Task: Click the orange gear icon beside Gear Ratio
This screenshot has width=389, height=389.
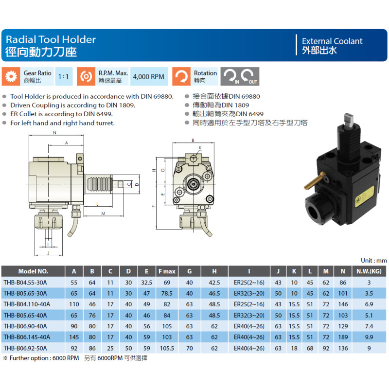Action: pyautogui.click(x=11, y=76)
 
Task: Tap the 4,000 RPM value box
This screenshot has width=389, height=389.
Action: pyautogui.click(x=149, y=76)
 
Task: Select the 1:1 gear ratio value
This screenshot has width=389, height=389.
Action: pyautogui.click(x=64, y=76)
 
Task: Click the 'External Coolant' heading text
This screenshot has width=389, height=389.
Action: pyautogui.click(x=332, y=41)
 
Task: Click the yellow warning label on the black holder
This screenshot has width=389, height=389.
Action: pyautogui.click(x=364, y=197)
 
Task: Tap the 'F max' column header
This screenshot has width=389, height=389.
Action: pyautogui.click(x=167, y=271)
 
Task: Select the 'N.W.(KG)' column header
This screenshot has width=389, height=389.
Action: pyautogui.click(x=369, y=271)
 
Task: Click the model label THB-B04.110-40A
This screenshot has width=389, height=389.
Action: pyautogui.click(x=27, y=304)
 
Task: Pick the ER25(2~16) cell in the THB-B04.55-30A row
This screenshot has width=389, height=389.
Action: pyautogui.click(x=249, y=283)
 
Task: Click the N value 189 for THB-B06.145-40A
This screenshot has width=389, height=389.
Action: pyautogui.click(x=343, y=337)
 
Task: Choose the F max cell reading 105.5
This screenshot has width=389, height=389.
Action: pyautogui.click(x=167, y=348)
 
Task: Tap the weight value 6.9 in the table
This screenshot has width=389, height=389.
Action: pyautogui.click(x=369, y=304)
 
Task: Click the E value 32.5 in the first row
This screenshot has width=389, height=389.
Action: pyautogui.click(x=147, y=283)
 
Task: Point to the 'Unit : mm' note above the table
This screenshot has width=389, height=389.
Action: pyautogui.click(x=373, y=261)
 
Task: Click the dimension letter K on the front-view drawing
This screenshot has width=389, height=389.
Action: pyautogui.click(x=200, y=148)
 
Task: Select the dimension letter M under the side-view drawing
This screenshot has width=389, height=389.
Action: pyautogui.click(x=103, y=213)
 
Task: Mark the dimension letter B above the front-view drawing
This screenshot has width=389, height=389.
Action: pyautogui.click(x=193, y=141)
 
